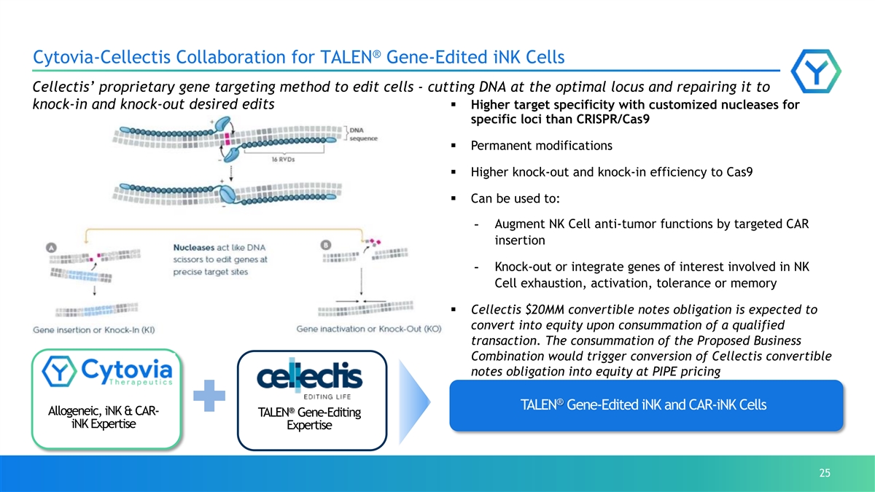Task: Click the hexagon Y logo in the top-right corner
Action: (x=816, y=71)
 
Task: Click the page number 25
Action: (x=825, y=473)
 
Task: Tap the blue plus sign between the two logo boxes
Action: (x=209, y=396)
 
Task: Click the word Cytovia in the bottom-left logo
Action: (x=127, y=370)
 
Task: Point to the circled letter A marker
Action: (x=51, y=248)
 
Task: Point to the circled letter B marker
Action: (x=326, y=245)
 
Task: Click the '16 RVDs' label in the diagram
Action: (x=283, y=160)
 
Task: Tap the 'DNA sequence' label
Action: (x=363, y=134)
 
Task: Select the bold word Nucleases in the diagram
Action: (x=194, y=248)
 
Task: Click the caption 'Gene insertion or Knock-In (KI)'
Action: (x=94, y=330)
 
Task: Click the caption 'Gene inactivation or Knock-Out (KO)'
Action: (x=369, y=329)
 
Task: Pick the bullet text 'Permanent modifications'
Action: (x=541, y=146)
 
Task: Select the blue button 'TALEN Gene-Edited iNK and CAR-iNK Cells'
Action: (x=646, y=405)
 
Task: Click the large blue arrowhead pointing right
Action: (x=414, y=402)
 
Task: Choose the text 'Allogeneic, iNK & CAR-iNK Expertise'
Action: (x=104, y=417)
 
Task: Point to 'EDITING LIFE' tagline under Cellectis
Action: (x=327, y=397)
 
